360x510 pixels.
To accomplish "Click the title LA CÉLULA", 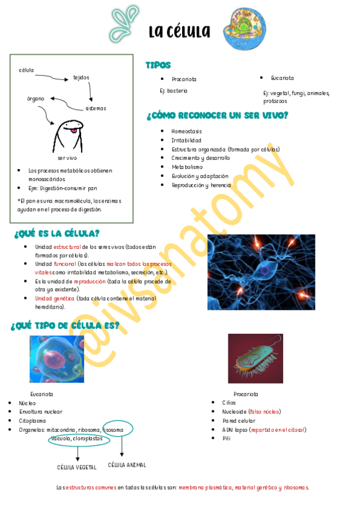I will coord(180,31).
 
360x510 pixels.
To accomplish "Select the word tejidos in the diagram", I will coord(81,77).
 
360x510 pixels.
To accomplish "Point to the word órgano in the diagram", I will coord(35,98).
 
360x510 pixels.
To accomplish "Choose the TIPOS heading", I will coord(158,65).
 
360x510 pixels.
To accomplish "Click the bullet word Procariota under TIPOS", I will coord(184,79).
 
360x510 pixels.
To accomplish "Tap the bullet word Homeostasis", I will coord(186,131).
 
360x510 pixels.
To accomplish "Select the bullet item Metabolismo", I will coord(187,167).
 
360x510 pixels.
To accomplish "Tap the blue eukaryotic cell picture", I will coord(57,358).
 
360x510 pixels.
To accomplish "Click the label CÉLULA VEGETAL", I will coord(77,467).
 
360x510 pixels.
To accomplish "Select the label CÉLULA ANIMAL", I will coord(127,465).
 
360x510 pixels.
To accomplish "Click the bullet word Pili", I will coord(226,438).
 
